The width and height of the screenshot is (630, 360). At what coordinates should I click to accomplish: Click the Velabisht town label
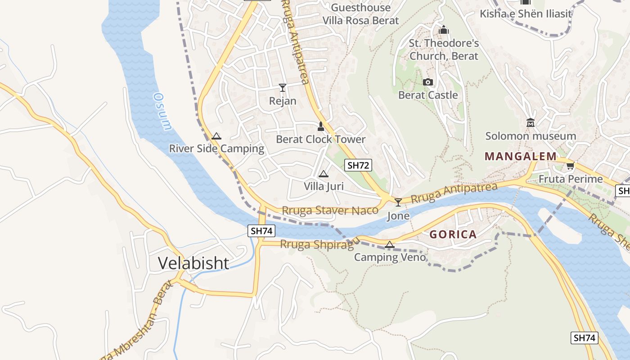[193, 263]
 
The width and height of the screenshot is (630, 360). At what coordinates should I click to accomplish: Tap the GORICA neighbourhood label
[453, 234]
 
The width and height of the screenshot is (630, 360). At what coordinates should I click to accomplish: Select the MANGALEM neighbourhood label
[520, 157]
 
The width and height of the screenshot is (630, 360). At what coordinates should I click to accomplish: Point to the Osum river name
[162, 111]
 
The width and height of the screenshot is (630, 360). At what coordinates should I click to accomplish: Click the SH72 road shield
[358, 165]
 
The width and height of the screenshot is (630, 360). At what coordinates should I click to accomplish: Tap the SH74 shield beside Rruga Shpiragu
[261, 231]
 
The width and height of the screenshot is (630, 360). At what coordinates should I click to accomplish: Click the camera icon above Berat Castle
[428, 82]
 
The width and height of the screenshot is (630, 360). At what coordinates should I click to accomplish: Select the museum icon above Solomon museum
[531, 122]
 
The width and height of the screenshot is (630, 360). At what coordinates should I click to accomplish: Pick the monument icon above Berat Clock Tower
[321, 126]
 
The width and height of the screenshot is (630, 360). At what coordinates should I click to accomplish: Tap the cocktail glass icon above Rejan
[283, 87]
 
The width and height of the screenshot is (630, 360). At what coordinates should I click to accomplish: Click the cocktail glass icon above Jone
[398, 202]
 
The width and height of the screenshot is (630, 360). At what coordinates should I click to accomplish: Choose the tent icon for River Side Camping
[216, 136]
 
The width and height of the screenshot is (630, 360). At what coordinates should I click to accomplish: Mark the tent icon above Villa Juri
[323, 174]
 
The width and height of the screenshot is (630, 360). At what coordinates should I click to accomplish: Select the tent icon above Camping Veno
[390, 244]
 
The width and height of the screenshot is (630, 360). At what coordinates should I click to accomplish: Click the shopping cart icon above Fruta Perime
[571, 166]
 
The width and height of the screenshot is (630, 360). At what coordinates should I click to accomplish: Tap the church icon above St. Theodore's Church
[444, 30]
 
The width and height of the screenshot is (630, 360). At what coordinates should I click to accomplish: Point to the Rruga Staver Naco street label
[330, 210]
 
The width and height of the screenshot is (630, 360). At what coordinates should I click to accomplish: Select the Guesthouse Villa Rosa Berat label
[360, 14]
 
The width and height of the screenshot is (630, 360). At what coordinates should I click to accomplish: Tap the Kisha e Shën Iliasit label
[526, 13]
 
